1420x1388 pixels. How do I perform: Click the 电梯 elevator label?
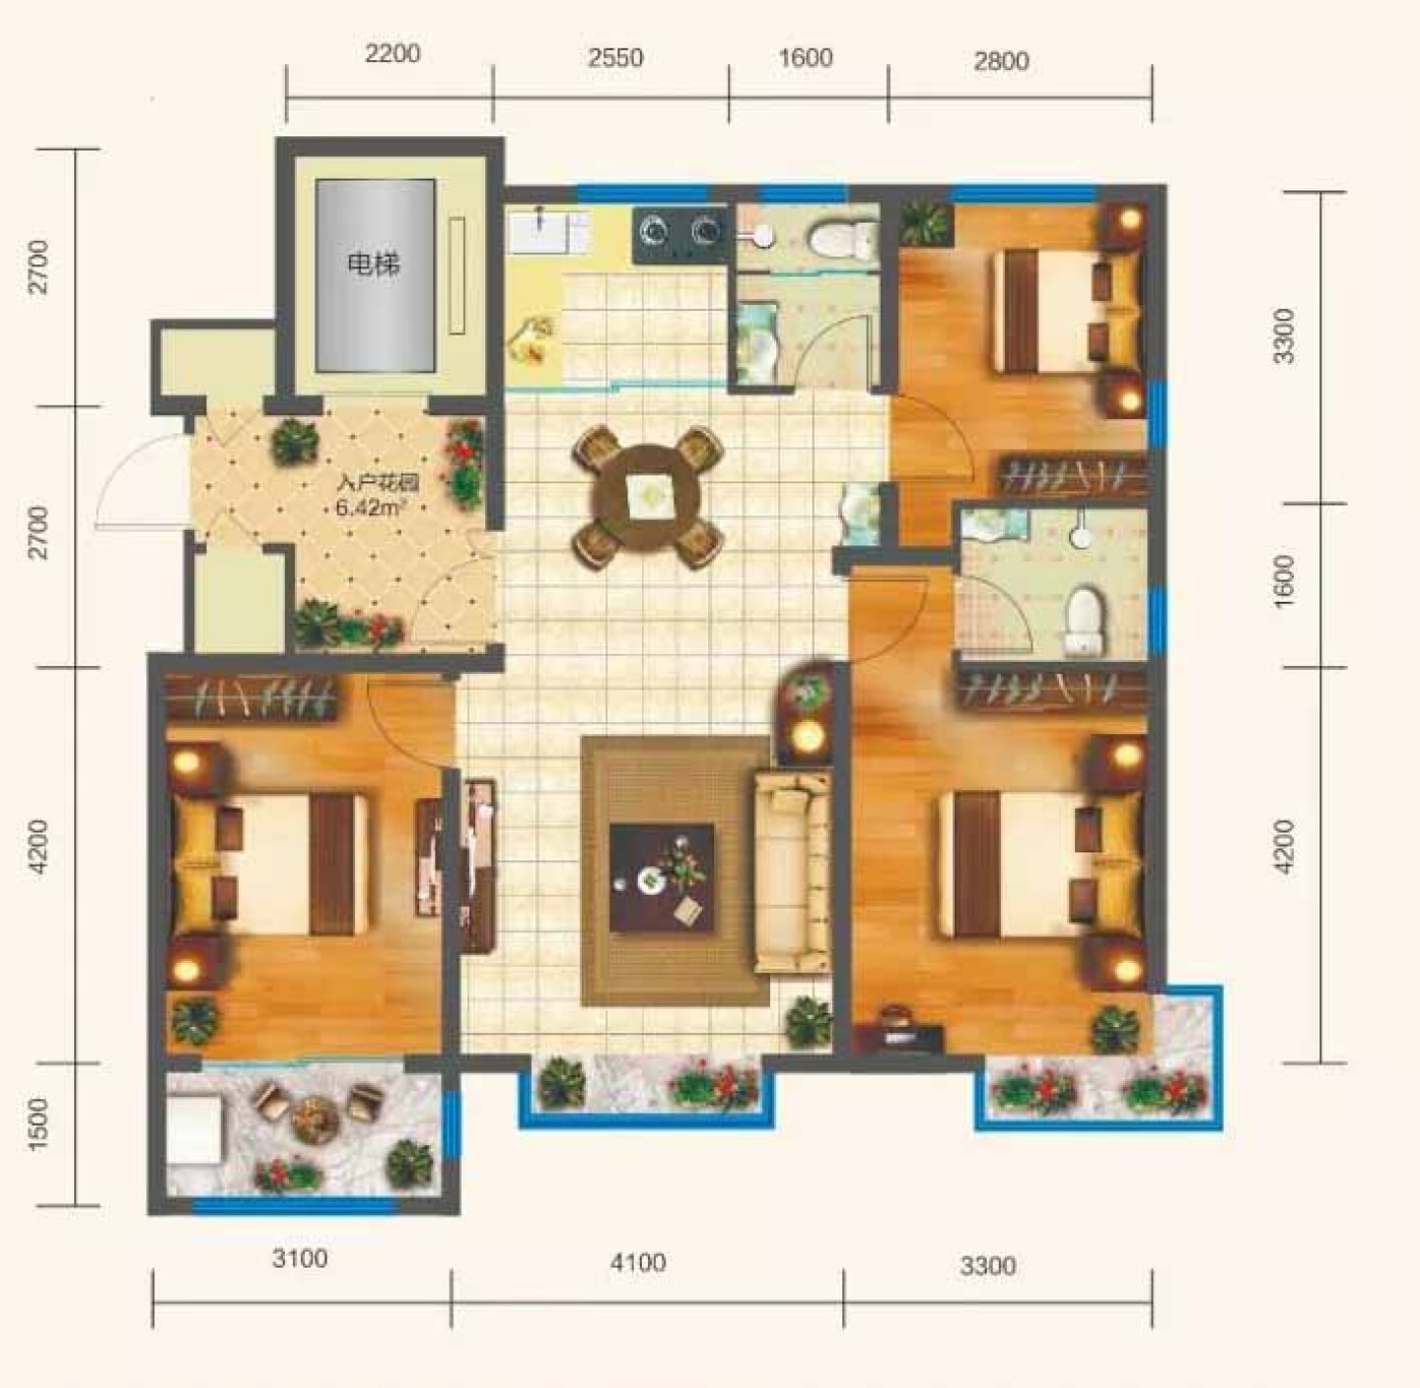click(x=374, y=263)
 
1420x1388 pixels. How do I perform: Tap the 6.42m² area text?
click(x=370, y=507)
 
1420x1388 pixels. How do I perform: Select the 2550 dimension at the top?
click(x=616, y=57)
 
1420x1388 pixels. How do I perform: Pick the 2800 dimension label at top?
click(x=1002, y=60)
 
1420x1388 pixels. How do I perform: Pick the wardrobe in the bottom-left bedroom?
click(x=251, y=696)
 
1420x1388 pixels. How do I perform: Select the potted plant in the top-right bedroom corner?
click(x=926, y=223)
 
